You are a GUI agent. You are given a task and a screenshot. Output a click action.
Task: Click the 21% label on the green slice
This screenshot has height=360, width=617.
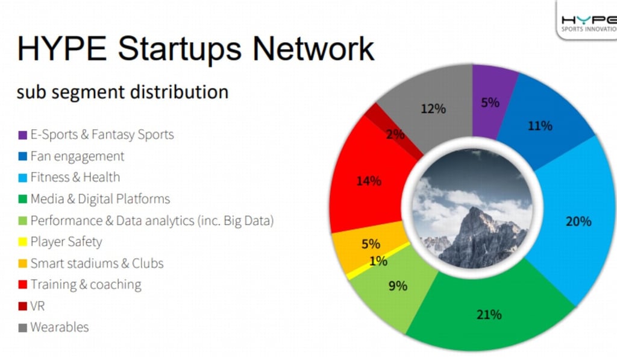coord(489,314)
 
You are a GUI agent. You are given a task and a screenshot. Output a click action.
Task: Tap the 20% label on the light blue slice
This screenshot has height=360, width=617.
coord(578,221)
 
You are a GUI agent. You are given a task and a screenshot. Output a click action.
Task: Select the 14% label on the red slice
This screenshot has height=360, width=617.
coord(368,180)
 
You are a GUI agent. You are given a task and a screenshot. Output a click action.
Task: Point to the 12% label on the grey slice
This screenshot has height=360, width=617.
coord(433,109)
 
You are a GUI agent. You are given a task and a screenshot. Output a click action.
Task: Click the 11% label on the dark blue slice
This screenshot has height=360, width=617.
coord(539,125)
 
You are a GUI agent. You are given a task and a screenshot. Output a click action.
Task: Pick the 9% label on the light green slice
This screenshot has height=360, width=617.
coord(398,285)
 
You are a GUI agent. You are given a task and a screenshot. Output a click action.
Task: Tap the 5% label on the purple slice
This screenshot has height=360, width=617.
coord(490,103)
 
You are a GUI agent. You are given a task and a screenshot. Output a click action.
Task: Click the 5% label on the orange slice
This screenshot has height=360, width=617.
coord(371,244)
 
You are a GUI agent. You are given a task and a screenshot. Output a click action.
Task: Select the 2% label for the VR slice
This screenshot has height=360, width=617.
coord(395,134)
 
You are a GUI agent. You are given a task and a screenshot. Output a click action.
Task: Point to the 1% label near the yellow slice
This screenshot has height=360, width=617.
coord(378,261)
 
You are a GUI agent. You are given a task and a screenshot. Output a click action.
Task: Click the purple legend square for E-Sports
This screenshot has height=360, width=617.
coord(23,134)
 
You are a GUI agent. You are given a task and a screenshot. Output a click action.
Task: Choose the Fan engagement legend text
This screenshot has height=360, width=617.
coord(77,156)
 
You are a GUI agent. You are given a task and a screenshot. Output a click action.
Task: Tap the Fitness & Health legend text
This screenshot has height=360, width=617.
coord(75,177)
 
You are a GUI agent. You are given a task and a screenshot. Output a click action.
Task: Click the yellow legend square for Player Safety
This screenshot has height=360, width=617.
coord(23,242)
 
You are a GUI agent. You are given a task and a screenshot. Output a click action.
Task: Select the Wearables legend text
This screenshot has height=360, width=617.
coord(59,327)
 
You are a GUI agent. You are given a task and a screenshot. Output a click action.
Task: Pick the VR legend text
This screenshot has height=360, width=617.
coord(37,306)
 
